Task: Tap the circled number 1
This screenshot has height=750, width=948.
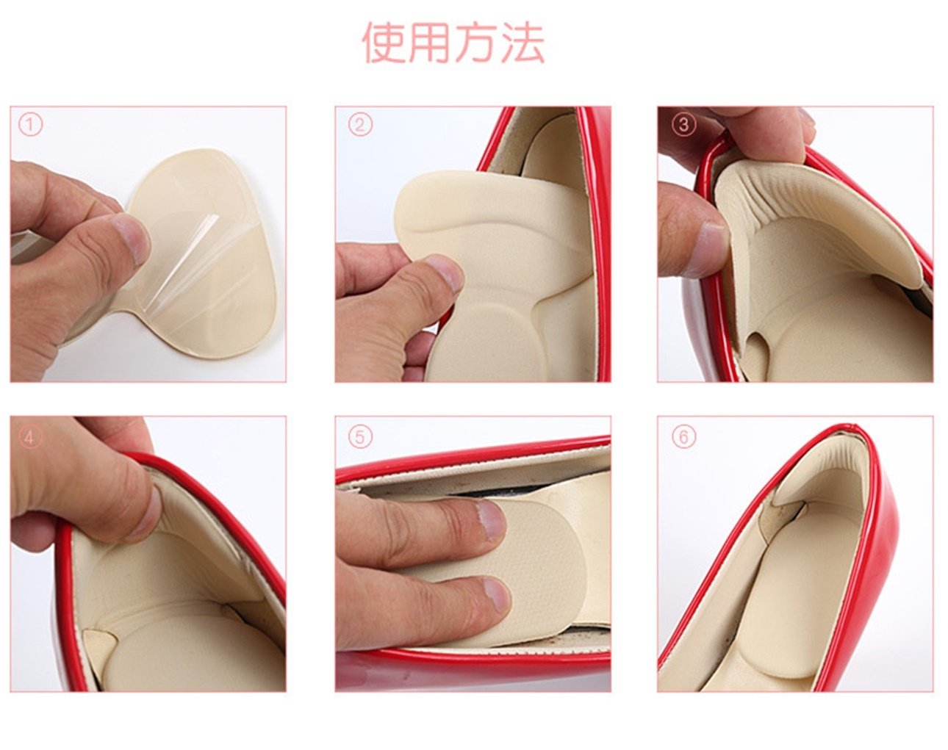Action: [x=31, y=125]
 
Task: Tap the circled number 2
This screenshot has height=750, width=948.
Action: [x=360, y=125]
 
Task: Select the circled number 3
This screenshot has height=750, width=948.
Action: [x=683, y=125]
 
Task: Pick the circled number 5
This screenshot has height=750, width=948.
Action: [x=360, y=438]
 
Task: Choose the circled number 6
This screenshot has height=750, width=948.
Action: [x=683, y=437]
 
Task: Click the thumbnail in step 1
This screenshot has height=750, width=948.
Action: [x=132, y=240]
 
